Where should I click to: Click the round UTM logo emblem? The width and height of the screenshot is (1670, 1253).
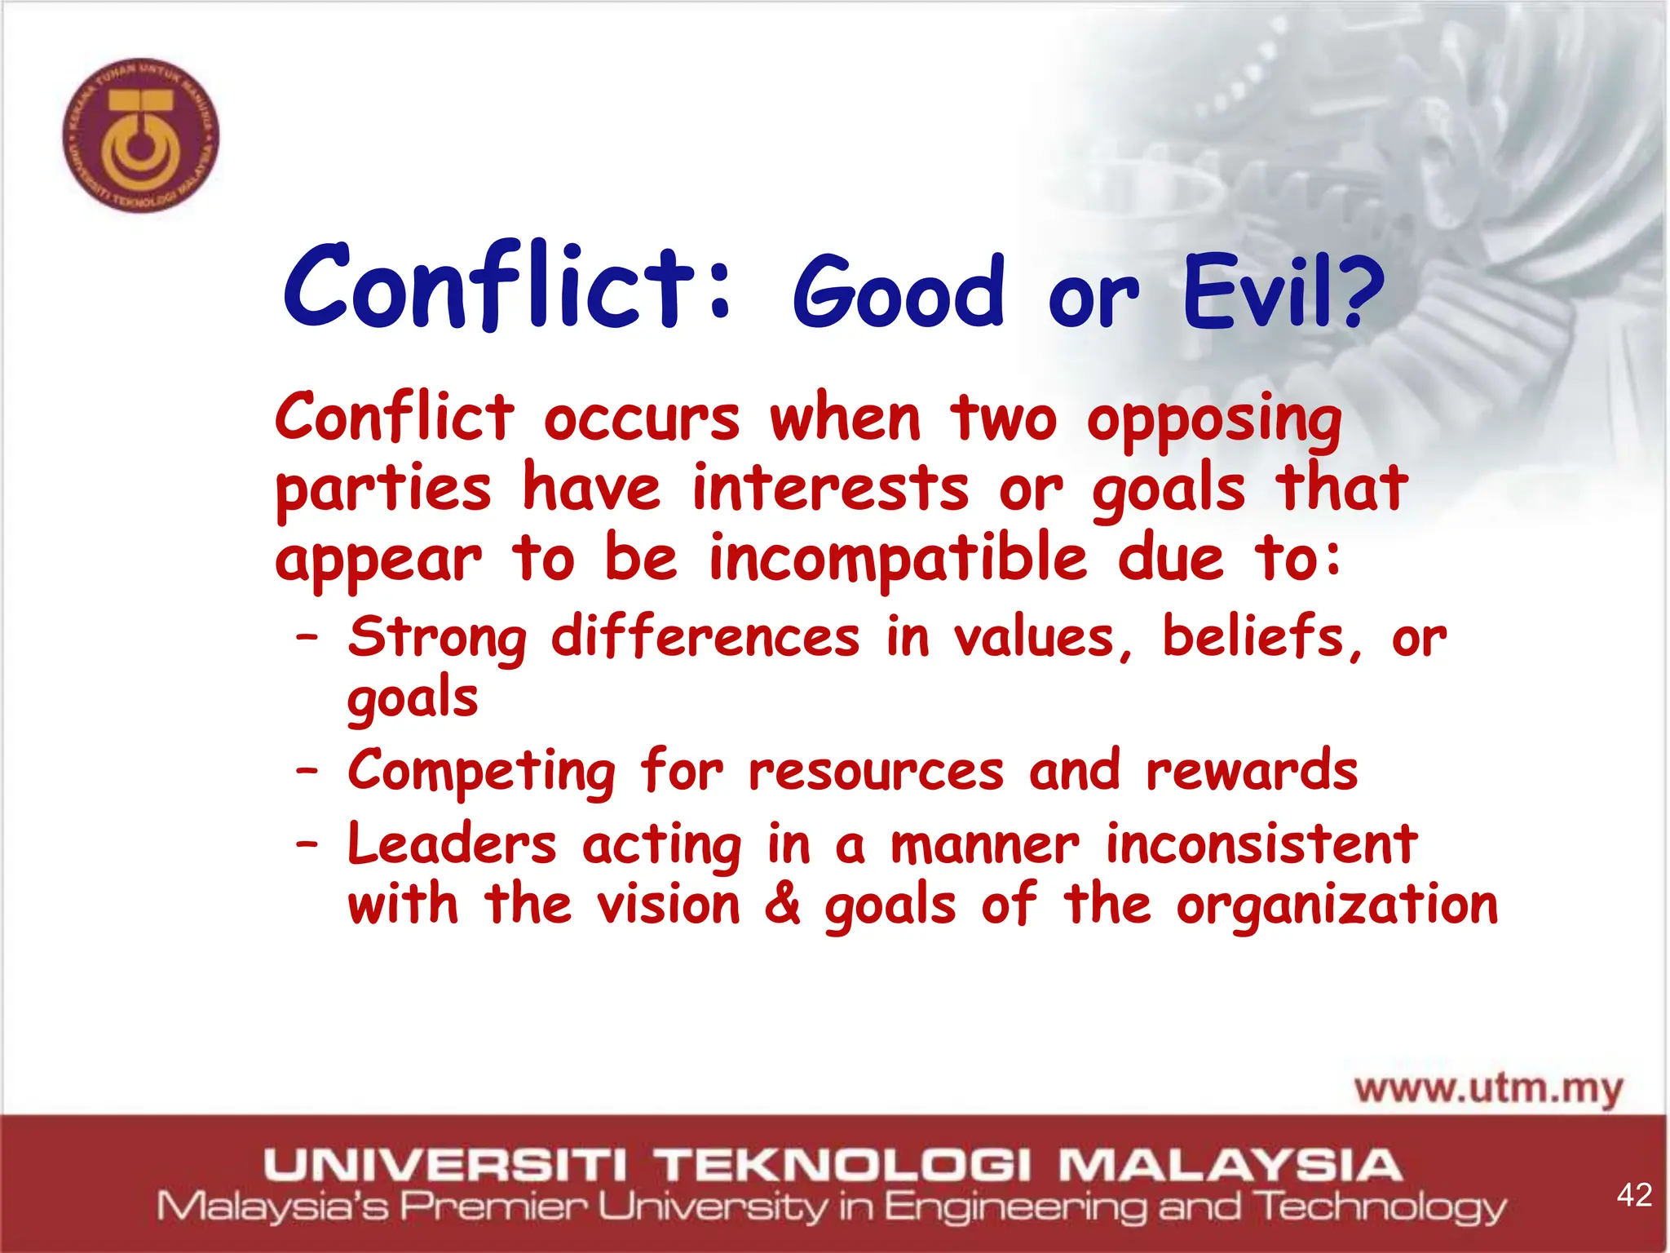[x=140, y=135]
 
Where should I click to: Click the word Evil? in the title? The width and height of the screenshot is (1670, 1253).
[x=1283, y=292]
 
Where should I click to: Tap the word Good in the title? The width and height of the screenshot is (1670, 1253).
[x=898, y=292]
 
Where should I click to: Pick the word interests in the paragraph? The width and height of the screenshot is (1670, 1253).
[x=830, y=489]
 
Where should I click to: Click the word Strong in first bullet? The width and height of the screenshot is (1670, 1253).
[x=437, y=638]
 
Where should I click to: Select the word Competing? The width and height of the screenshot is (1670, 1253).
[x=481, y=772]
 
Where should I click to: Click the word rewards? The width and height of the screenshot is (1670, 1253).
[x=1251, y=770]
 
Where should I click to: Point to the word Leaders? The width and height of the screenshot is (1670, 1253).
[x=452, y=843]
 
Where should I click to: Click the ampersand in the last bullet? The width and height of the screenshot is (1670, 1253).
[x=782, y=905]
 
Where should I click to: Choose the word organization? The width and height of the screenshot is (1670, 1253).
[x=1336, y=906]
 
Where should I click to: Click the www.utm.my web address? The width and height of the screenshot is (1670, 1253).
[x=1488, y=1089]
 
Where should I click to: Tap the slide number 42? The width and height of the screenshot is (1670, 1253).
[x=1633, y=1195]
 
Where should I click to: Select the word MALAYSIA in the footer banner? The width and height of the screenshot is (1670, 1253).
[x=1230, y=1164]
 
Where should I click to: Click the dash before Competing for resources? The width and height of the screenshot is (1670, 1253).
[x=307, y=770]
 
